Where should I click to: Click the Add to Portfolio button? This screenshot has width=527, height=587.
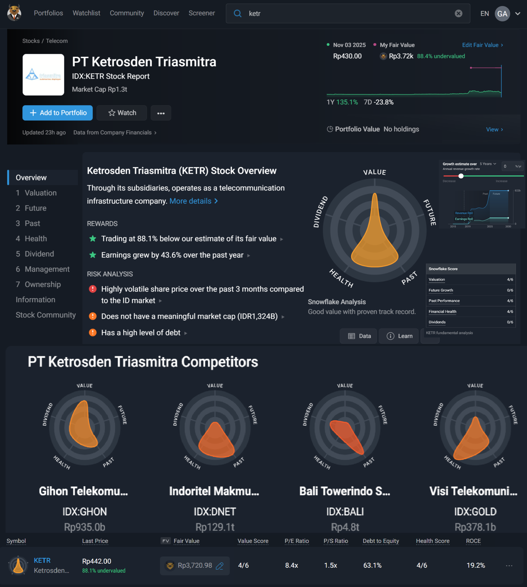pos(57,113)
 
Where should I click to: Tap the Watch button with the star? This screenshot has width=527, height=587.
pos(122,113)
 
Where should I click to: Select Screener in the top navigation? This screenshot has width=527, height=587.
pos(202,13)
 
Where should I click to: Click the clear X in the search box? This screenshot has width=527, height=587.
pos(458,13)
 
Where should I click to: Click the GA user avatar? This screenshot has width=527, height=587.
pos(502,14)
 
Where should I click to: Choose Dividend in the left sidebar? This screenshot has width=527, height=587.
pos(39,254)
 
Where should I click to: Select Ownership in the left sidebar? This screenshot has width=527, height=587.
pos(42,284)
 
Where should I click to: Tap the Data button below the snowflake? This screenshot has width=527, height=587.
pos(359,336)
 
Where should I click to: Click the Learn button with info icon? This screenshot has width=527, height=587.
pos(400,336)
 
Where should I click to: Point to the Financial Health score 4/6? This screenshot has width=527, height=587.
pos(510,311)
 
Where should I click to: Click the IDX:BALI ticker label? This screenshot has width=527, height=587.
pos(345,512)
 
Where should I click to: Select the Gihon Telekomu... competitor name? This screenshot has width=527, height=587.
pos(83,491)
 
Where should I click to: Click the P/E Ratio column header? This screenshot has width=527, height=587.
pos(297,541)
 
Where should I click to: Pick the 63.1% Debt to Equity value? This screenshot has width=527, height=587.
pos(372,565)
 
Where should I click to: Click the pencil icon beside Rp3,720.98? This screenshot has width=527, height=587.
pos(220,565)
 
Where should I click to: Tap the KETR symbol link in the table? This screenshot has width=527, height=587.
pos(42,560)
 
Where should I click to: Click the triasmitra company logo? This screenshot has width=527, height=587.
pos(43,75)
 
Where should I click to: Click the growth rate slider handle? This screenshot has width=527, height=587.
pos(461,176)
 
